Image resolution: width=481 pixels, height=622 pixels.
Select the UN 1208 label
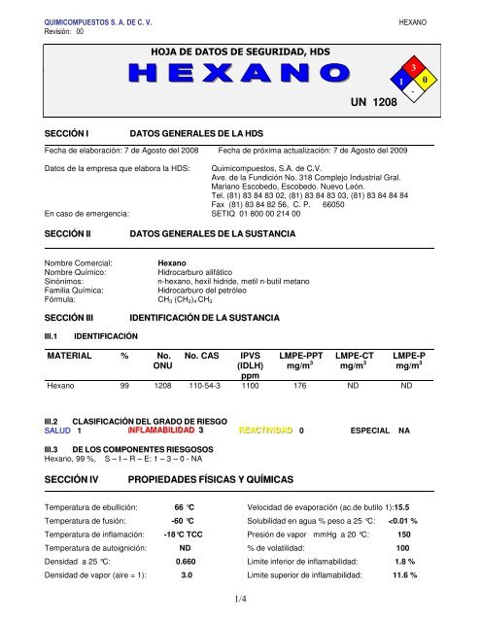click(373, 102)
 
